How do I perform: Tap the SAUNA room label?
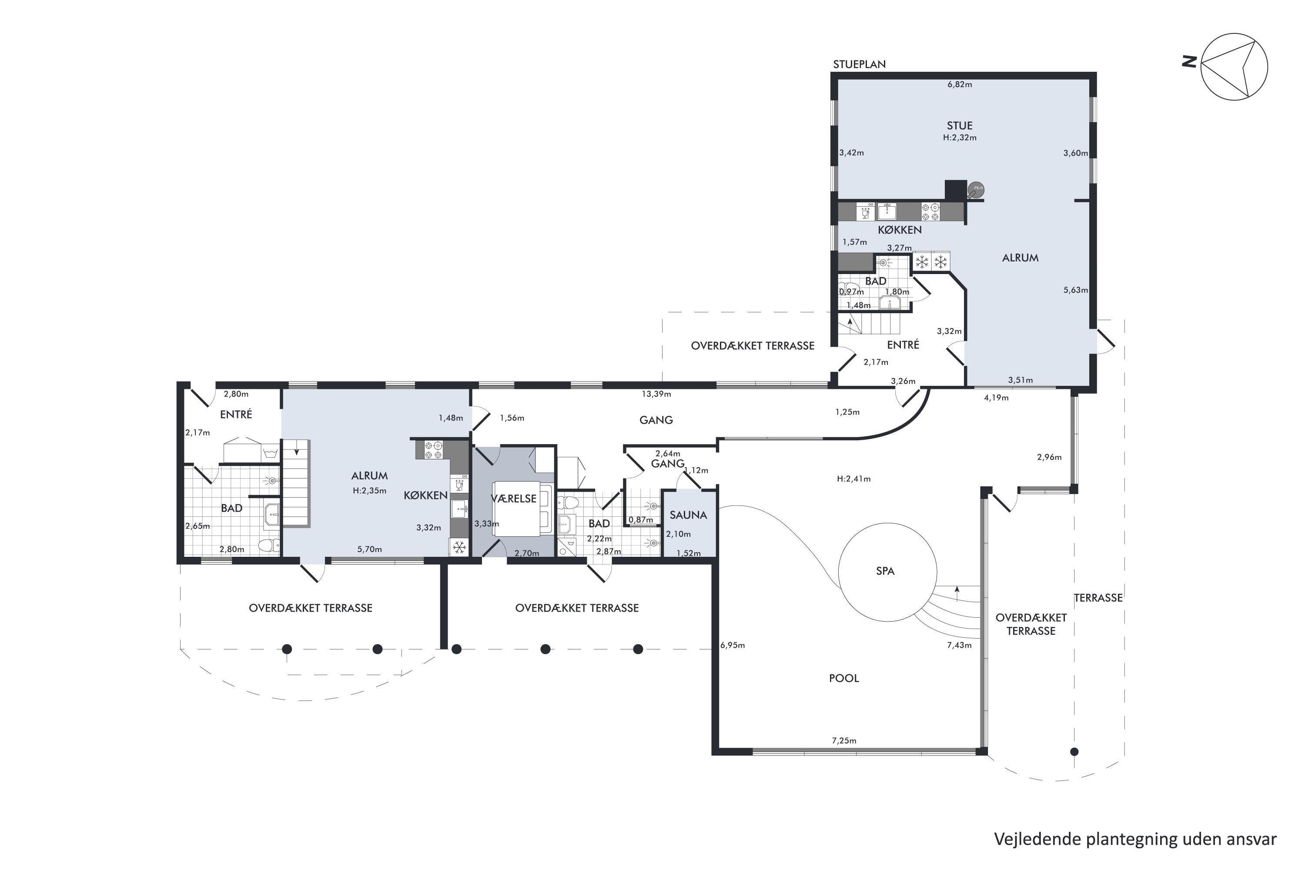pos(688,515)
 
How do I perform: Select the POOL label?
pos(844,678)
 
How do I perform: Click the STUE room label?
pos(959,125)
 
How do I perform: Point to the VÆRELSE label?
pos(514,498)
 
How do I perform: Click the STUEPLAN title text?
pos(860,64)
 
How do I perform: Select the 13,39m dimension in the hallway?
pos(656,394)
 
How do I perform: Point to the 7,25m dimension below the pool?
pos(844,740)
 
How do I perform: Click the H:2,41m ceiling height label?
pos(853,478)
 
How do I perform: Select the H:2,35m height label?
pos(369,491)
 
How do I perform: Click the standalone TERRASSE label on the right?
pos(1098,598)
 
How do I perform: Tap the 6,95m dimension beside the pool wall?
pos(733,645)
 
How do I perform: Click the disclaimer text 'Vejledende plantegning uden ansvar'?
pos(1135,839)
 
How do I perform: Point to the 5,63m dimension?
pos(1075,290)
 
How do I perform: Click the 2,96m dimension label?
pos(1049,457)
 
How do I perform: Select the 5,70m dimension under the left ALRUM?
pos(369,549)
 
